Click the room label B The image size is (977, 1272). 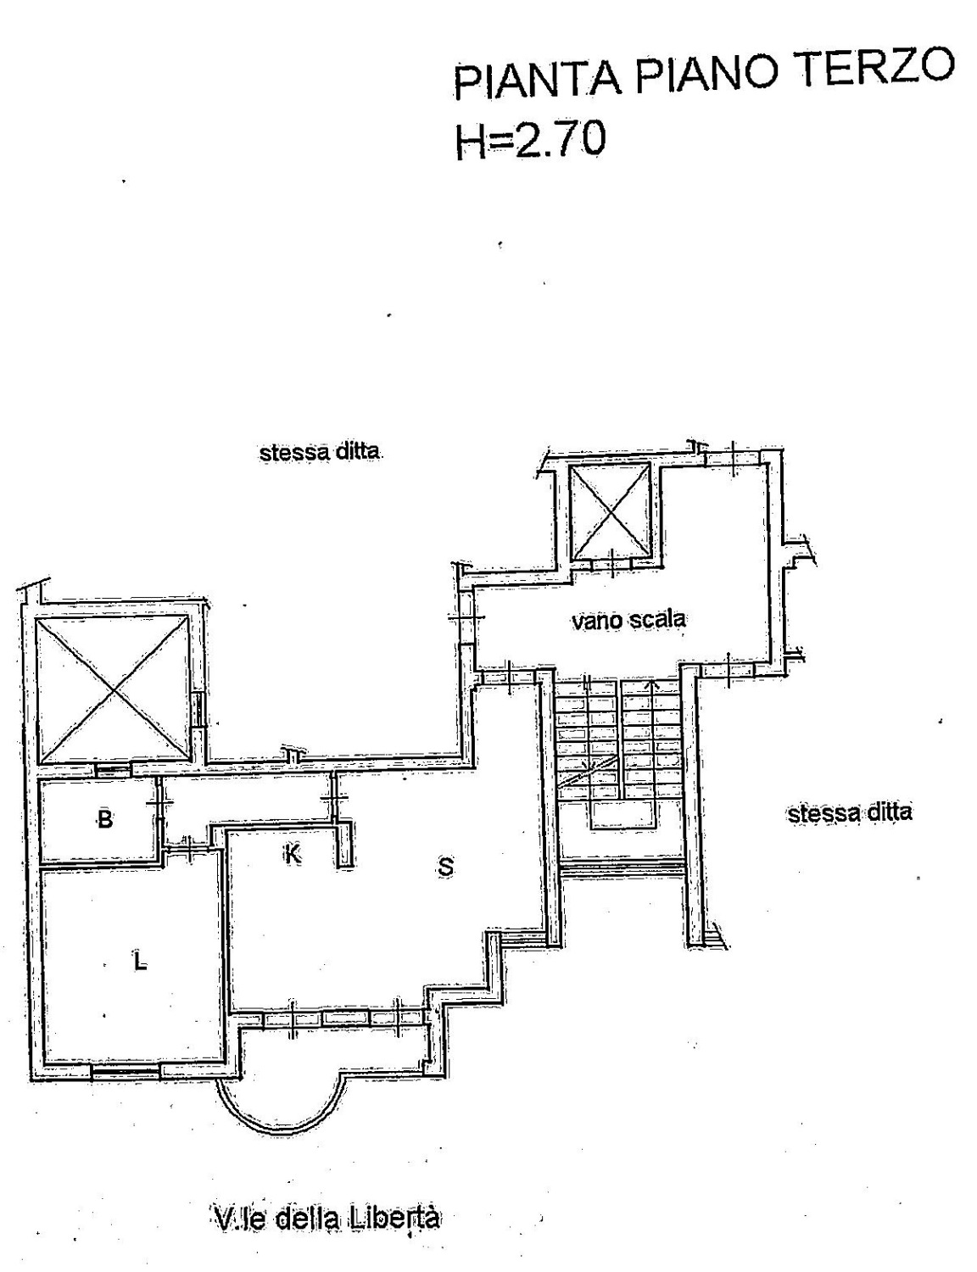[105, 819]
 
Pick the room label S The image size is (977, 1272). [445, 867]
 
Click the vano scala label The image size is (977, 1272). [628, 620]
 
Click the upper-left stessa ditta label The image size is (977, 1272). [321, 453]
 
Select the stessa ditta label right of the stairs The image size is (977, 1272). [850, 813]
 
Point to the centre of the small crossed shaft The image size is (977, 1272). [611, 511]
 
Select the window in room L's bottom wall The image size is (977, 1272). [126, 1071]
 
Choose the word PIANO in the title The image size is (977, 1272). [710, 73]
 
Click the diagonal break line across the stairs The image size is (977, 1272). [587, 772]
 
